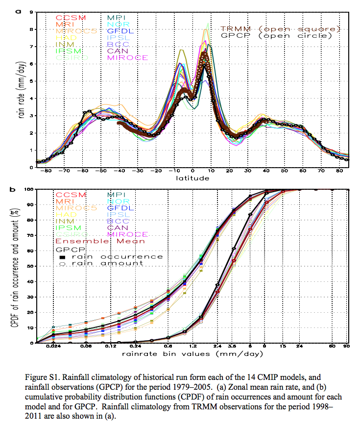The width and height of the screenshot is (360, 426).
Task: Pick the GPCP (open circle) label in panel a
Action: (276, 35)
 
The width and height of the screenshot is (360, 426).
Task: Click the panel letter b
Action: (18, 188)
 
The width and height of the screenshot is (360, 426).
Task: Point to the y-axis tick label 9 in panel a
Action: (30, 12)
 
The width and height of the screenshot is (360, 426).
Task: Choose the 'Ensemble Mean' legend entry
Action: (100, 241)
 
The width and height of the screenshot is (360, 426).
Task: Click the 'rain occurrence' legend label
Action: (122, 256)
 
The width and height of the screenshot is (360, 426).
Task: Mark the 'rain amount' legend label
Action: (113, 263)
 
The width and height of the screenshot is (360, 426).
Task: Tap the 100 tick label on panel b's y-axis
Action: (27, 189)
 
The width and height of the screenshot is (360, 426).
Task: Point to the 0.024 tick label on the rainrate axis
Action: (52, 348)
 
